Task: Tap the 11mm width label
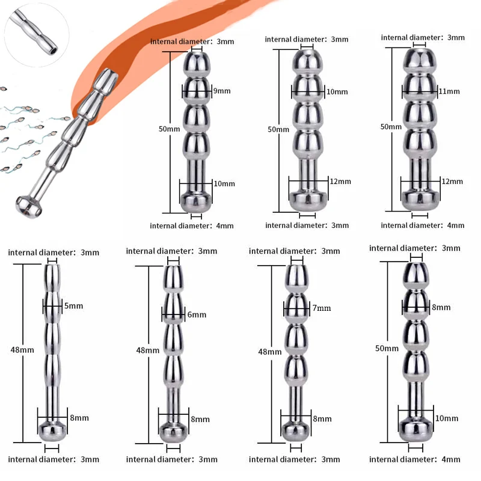click(x=449, y=91)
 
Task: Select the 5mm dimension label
click(x=73, y=306)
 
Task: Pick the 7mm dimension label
click(x=321, y=308)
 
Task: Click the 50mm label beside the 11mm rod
click(x=391, y=127)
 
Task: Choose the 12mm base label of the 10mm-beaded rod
click(x=337, y=182)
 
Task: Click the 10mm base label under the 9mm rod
click(x=224, y=183)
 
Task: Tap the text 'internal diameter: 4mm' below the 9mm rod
click(x=192, y=225)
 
